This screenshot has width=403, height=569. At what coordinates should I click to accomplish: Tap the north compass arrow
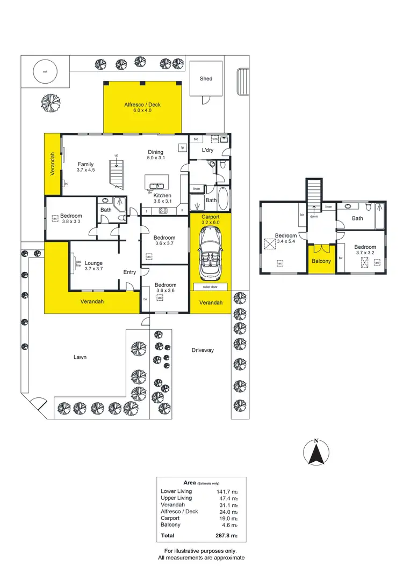[x=316, y=453]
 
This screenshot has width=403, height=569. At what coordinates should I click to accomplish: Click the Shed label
[x=206, y=78]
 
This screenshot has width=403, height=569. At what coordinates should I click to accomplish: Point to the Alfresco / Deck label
[x=142, y=105]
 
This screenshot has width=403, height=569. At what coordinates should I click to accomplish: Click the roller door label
[x=210, y=287]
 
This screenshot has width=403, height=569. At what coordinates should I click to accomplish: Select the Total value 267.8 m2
[x=226, y=536]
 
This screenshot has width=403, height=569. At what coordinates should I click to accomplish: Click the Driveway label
[x=203, y=350]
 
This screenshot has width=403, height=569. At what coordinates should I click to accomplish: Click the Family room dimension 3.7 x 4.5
[x=86, y=171]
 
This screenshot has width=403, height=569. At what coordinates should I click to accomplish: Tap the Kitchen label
[x=162, y=196]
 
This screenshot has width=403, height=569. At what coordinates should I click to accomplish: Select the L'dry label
[x=208, y=150]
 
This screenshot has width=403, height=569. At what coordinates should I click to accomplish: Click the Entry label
[x=129, y=272]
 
